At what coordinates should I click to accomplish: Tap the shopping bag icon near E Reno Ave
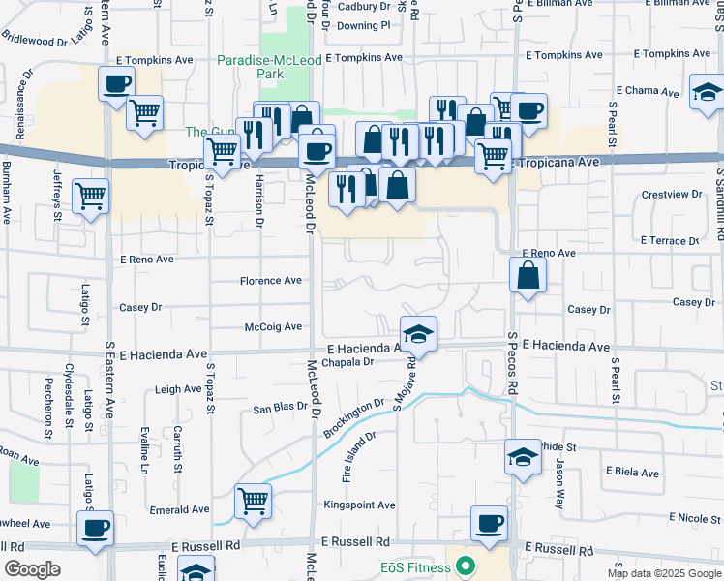[528, 276]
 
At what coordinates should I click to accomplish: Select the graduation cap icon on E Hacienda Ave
[418, 334]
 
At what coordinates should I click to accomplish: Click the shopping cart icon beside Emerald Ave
[253, 501]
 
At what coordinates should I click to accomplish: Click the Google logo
[32, 569]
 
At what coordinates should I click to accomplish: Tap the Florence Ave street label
[271, 281]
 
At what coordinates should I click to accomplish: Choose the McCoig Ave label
[273, 327]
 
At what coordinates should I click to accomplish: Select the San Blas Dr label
[281, 409]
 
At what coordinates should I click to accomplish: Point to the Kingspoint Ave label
[359, 505]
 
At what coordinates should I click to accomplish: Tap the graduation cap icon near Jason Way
[523, 456]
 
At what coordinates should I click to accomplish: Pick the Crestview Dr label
[672, 195]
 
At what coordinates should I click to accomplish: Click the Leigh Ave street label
[178, 389]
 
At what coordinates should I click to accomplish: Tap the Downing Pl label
[364, 26]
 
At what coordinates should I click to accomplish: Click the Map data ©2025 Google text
[663, 573]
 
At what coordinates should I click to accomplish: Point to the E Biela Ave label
[631, 471]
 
